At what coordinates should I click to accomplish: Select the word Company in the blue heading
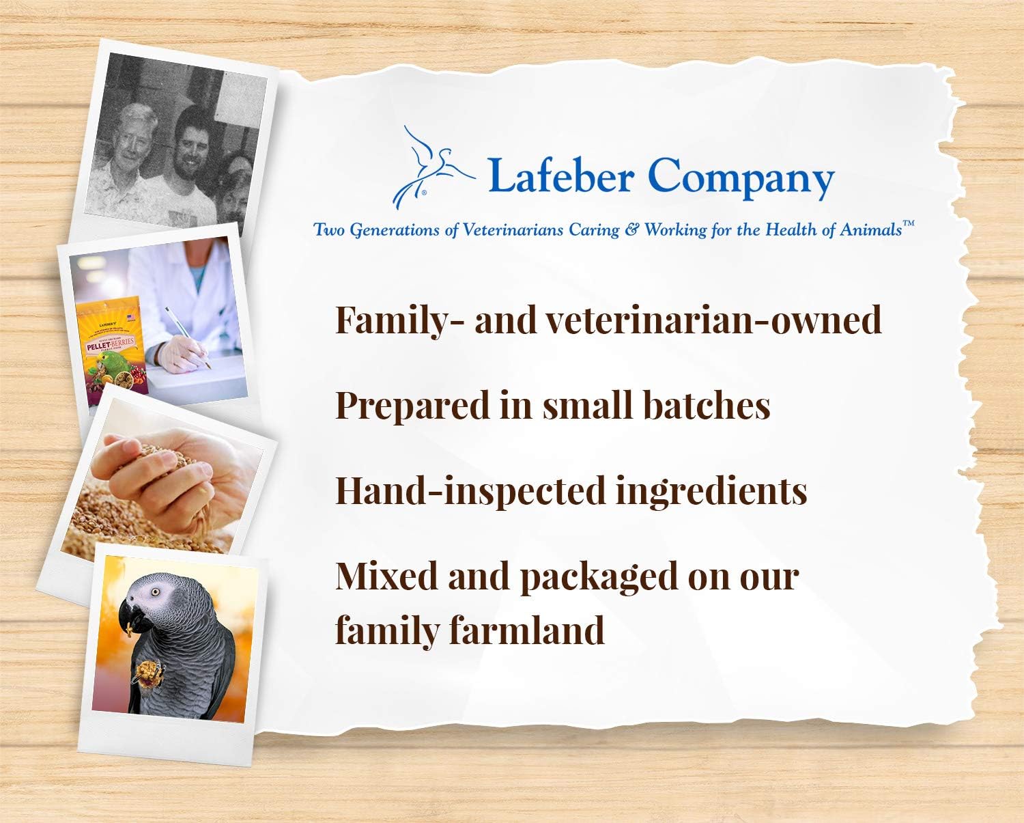click(741, 179)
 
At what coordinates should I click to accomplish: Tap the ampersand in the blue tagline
click(631, 230)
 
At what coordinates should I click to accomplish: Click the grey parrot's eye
click(155, 592)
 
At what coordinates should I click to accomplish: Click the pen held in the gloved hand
click(188, 337)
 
